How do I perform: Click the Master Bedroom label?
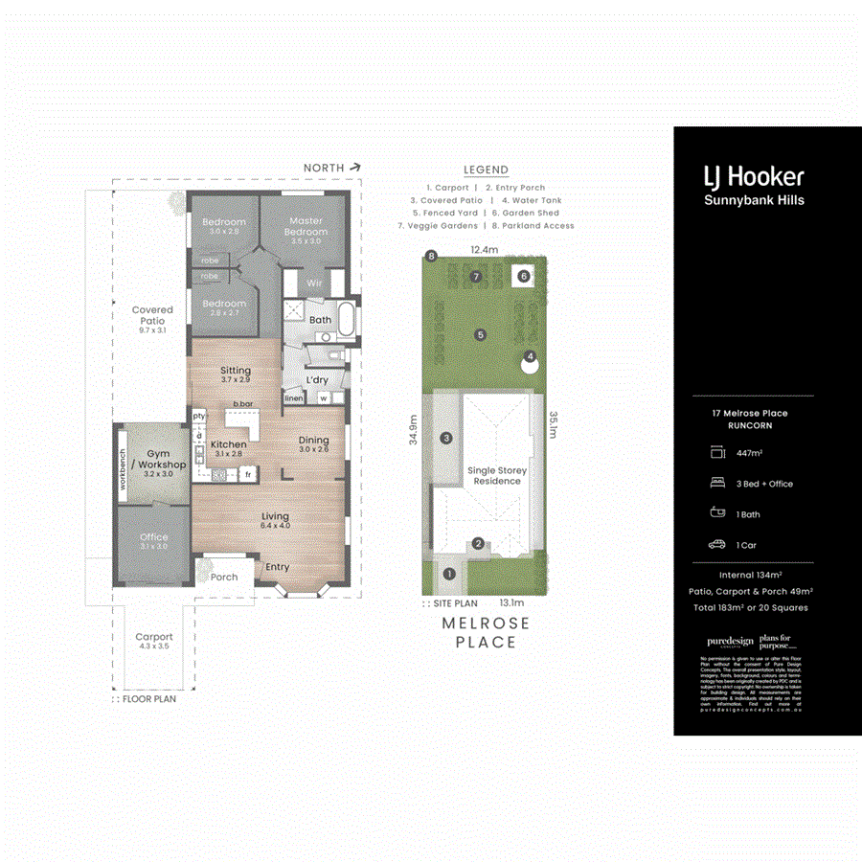tap(306, 226)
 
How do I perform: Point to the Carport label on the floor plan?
tap(153, 637)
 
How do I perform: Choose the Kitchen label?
tap(228, 444)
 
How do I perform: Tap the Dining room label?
tap(313, 443)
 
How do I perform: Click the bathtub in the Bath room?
tap(347, 320)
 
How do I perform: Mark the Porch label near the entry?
tap(224, 578)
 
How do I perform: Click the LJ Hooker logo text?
tap(754, 176)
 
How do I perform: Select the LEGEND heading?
tap(486, 170)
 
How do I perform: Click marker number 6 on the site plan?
tap(523, 277)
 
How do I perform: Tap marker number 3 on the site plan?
tap(446, 438)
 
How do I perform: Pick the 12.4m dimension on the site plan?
tap(485, 250)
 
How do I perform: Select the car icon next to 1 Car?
tap(716, 545)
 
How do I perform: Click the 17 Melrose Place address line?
tap(743, 413)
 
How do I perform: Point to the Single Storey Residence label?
tap(497, 476)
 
